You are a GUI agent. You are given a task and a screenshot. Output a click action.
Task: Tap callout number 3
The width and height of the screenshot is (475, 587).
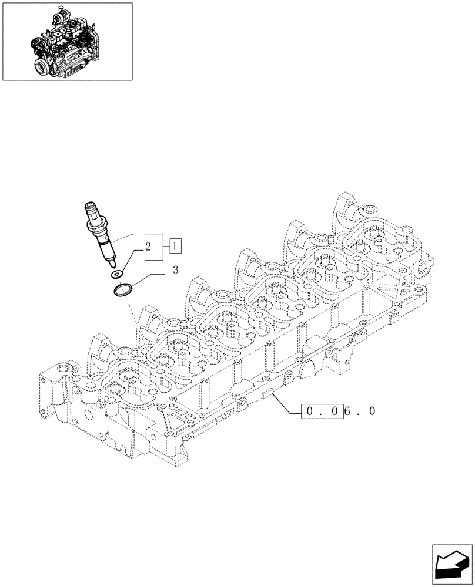[175, 270]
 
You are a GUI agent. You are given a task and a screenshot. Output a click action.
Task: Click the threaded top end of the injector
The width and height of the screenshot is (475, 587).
[93, 208]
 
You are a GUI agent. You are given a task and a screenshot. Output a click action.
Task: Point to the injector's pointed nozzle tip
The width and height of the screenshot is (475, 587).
[113, 265]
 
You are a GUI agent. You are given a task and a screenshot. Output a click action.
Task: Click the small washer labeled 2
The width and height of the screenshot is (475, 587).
[118, 274]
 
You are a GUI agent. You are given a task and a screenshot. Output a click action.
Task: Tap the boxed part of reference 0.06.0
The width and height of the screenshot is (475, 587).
[321, 412]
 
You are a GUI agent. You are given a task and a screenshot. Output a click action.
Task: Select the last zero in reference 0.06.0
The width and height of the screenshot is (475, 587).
[372, 412]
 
